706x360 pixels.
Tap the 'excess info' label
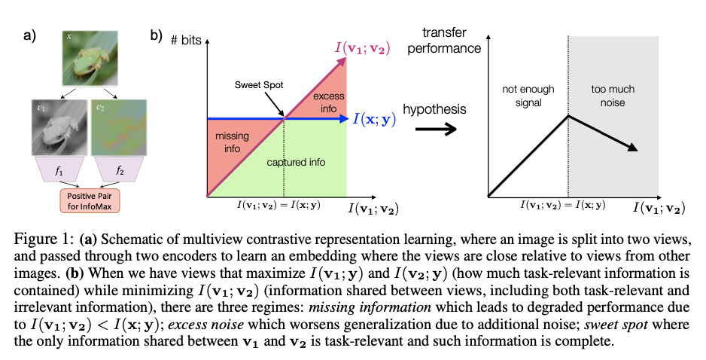(328, 102)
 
